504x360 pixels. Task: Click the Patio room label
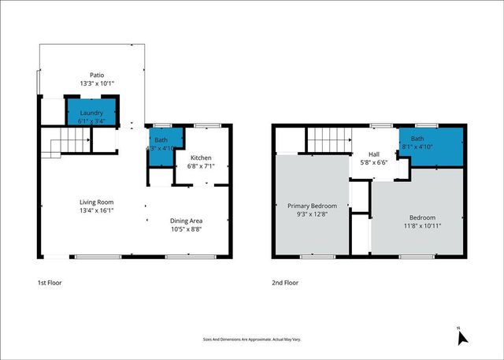pos(97,74)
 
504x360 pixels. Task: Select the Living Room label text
pos(97,201)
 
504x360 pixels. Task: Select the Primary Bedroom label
pos(311,205)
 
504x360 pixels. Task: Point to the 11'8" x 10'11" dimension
pos(421,226)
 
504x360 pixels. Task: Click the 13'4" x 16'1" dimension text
pos(97,210)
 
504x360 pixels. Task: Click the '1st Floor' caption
pos(48,282)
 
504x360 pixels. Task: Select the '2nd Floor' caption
pos(286,282)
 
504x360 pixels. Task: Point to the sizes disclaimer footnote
pos(251,340)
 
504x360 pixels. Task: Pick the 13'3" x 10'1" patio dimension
pos(97,83)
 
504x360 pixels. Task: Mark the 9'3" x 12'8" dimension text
pos(311,214)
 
